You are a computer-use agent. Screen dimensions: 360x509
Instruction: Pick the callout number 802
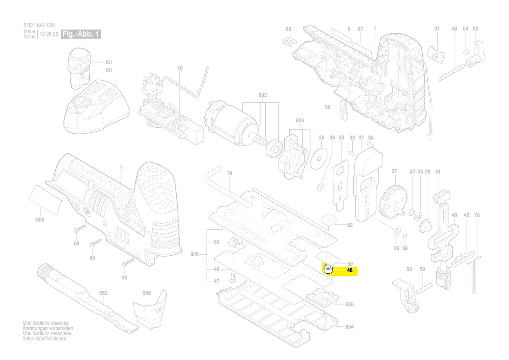coord(263,95)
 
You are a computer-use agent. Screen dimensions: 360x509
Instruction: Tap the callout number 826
coord(300,121)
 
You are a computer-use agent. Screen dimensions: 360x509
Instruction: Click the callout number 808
coord(40,220)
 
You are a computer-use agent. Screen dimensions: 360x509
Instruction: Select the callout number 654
coord(350,327)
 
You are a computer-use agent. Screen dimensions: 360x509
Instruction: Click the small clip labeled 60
coord(289,41)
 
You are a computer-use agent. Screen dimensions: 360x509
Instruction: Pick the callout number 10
coord(179,68)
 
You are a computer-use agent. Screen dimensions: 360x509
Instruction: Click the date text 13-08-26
coord(49,34)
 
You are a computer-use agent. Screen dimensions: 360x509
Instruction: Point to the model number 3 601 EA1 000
coord(39,25)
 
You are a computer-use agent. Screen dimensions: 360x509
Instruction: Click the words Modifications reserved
coord(46,323)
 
